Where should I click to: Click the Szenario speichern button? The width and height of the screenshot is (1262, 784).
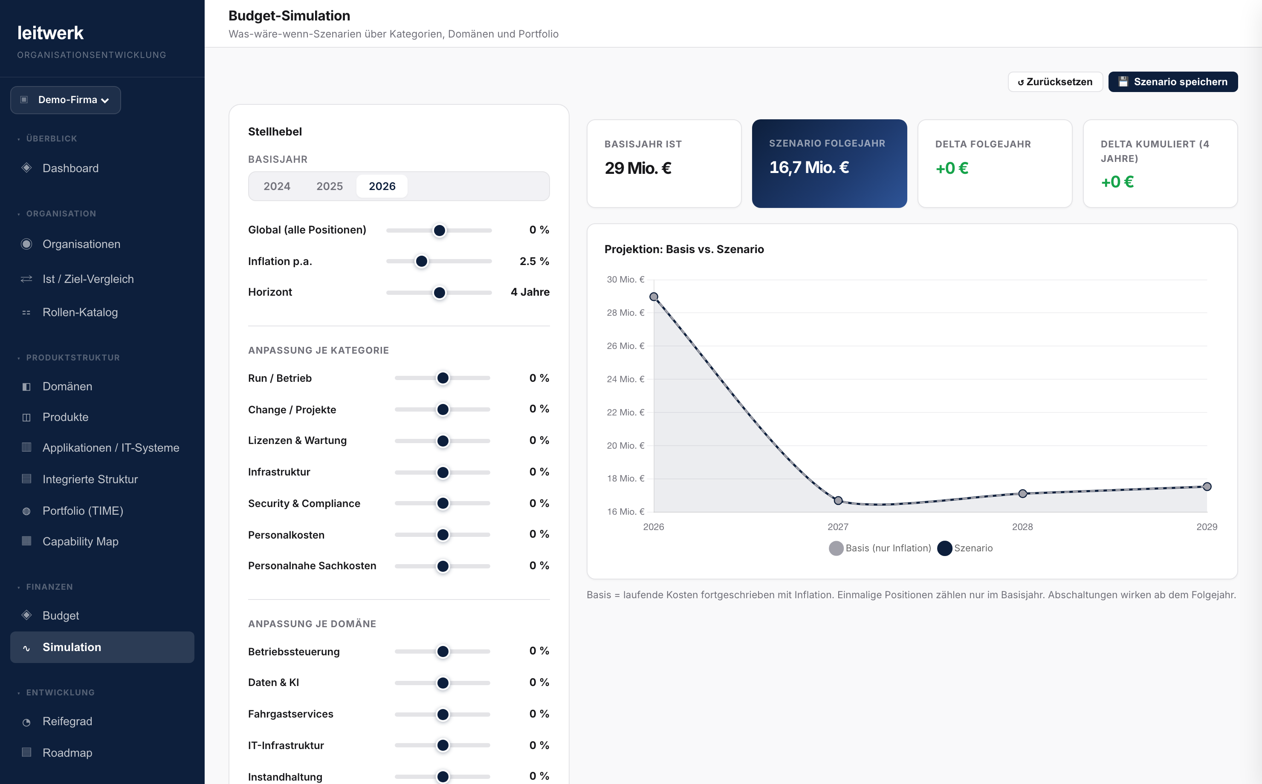(x=1173, y=82)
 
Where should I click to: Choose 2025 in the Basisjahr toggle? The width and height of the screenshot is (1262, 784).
(x=330, y=186)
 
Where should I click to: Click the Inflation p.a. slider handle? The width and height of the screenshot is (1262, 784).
(x=422, y=261)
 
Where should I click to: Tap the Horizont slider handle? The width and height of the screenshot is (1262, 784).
(x=439, y=292)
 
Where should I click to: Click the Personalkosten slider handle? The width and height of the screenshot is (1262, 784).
(x=443, y=535)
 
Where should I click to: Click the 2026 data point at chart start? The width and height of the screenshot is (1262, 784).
(x=654, y=297)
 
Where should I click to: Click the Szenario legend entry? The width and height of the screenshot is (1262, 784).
(x=965, y=548)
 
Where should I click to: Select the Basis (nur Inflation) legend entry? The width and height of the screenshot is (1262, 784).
(x=880, y=548)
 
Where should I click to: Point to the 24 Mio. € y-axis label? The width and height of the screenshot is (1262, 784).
(x=625, y=379)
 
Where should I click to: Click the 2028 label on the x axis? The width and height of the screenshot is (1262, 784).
(x=1022, y=527)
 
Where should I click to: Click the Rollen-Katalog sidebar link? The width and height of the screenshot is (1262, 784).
(x=80, y=312)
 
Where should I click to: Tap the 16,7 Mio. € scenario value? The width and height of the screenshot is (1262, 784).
(x=809, y=167)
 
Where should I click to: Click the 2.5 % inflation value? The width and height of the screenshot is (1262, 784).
(x=534, y=261)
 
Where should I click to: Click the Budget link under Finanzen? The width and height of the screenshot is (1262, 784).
(x=61, y=615)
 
